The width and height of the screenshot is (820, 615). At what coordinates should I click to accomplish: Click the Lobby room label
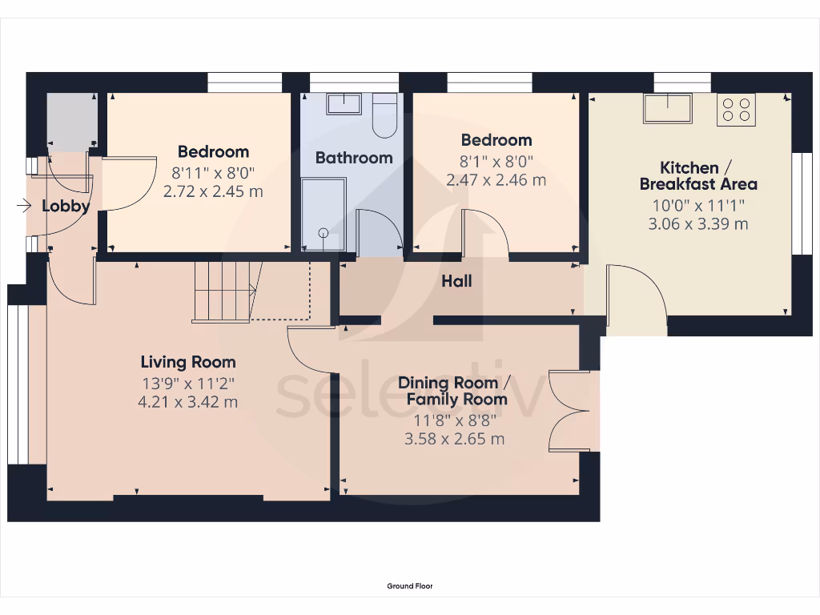tap(66, 207)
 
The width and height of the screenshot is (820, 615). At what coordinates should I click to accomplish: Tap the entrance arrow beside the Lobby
tap(24, 207)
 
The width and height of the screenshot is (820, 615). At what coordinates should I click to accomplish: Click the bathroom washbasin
tap(345, 103)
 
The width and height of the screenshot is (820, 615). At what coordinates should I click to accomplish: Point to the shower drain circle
tap(324, 233)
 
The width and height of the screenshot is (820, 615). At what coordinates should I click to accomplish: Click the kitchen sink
tap(667, 108)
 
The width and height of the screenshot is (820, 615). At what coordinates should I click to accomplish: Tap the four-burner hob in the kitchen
tap(736, 109)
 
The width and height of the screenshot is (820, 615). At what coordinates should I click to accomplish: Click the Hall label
tap(456, 281)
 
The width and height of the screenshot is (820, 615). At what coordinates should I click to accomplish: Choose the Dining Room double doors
tap(570, 412)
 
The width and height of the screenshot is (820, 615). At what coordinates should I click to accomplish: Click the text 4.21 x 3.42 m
tap(188, 402)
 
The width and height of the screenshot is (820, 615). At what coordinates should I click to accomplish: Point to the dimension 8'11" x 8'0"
tap(212, 171)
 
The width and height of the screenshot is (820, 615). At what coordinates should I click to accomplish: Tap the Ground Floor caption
tap(410, 586)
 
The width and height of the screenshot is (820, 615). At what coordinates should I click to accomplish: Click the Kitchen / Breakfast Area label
tap(697, 175)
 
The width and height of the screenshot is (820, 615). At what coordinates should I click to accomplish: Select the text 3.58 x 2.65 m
tap(454, 439)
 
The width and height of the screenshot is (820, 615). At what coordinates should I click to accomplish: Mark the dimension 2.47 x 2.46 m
tap(496, 180)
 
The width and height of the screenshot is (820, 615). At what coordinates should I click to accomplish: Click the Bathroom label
tap(354, 158)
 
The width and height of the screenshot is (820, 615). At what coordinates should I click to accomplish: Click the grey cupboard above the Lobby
tap(71, 122)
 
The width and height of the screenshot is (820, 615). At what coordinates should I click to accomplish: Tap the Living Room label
tap(188, 362)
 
